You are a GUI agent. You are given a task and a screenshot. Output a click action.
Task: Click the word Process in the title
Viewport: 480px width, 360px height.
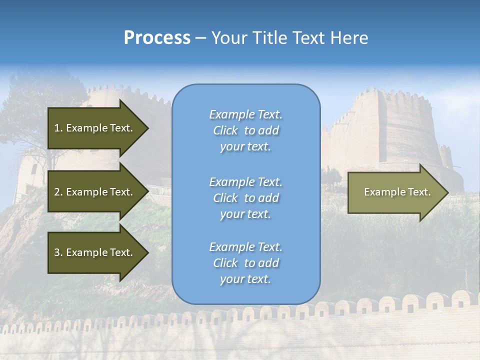157,37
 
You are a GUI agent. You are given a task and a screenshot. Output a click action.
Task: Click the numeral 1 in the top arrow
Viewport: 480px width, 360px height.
57,128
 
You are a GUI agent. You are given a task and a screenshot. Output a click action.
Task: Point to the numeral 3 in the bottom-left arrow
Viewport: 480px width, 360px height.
57,252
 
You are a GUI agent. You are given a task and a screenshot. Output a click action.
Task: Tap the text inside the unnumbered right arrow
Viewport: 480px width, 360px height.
397,192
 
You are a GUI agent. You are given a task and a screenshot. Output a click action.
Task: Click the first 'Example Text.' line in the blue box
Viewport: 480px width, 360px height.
245,114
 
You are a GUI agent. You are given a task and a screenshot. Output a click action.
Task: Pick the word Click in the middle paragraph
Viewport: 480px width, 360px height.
225,198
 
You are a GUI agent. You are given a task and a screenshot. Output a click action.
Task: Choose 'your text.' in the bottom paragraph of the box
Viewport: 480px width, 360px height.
245,279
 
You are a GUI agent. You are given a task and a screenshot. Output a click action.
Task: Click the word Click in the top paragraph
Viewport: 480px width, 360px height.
225,130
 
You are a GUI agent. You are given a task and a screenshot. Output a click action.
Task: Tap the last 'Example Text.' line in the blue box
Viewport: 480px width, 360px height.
245,247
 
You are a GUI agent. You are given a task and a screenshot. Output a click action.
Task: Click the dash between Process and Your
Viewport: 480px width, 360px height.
201,38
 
